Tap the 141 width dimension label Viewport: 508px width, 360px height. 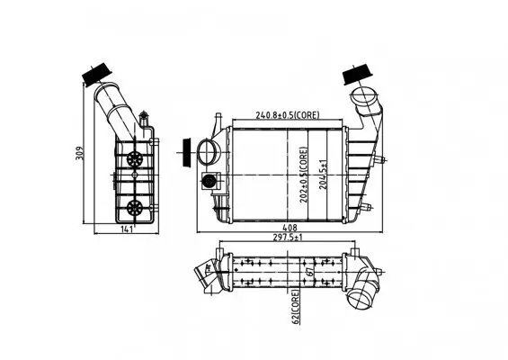pos(128,229)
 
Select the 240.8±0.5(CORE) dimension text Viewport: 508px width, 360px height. pos(287,116)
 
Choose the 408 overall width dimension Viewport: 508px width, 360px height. pos(287,229)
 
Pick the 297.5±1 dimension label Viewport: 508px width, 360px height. pos(287,239)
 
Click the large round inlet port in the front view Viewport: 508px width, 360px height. pos(209,150)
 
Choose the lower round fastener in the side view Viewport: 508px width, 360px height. pos(136,206)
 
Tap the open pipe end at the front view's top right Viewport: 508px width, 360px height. pos(363,96)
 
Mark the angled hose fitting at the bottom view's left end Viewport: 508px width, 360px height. pos(209,273)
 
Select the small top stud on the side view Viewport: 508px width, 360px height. pos(144,115)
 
